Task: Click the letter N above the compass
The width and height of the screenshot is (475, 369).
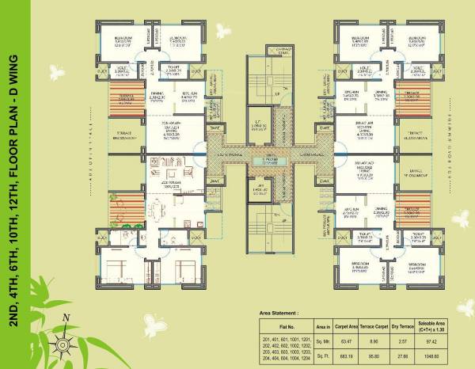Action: coord(66,318)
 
